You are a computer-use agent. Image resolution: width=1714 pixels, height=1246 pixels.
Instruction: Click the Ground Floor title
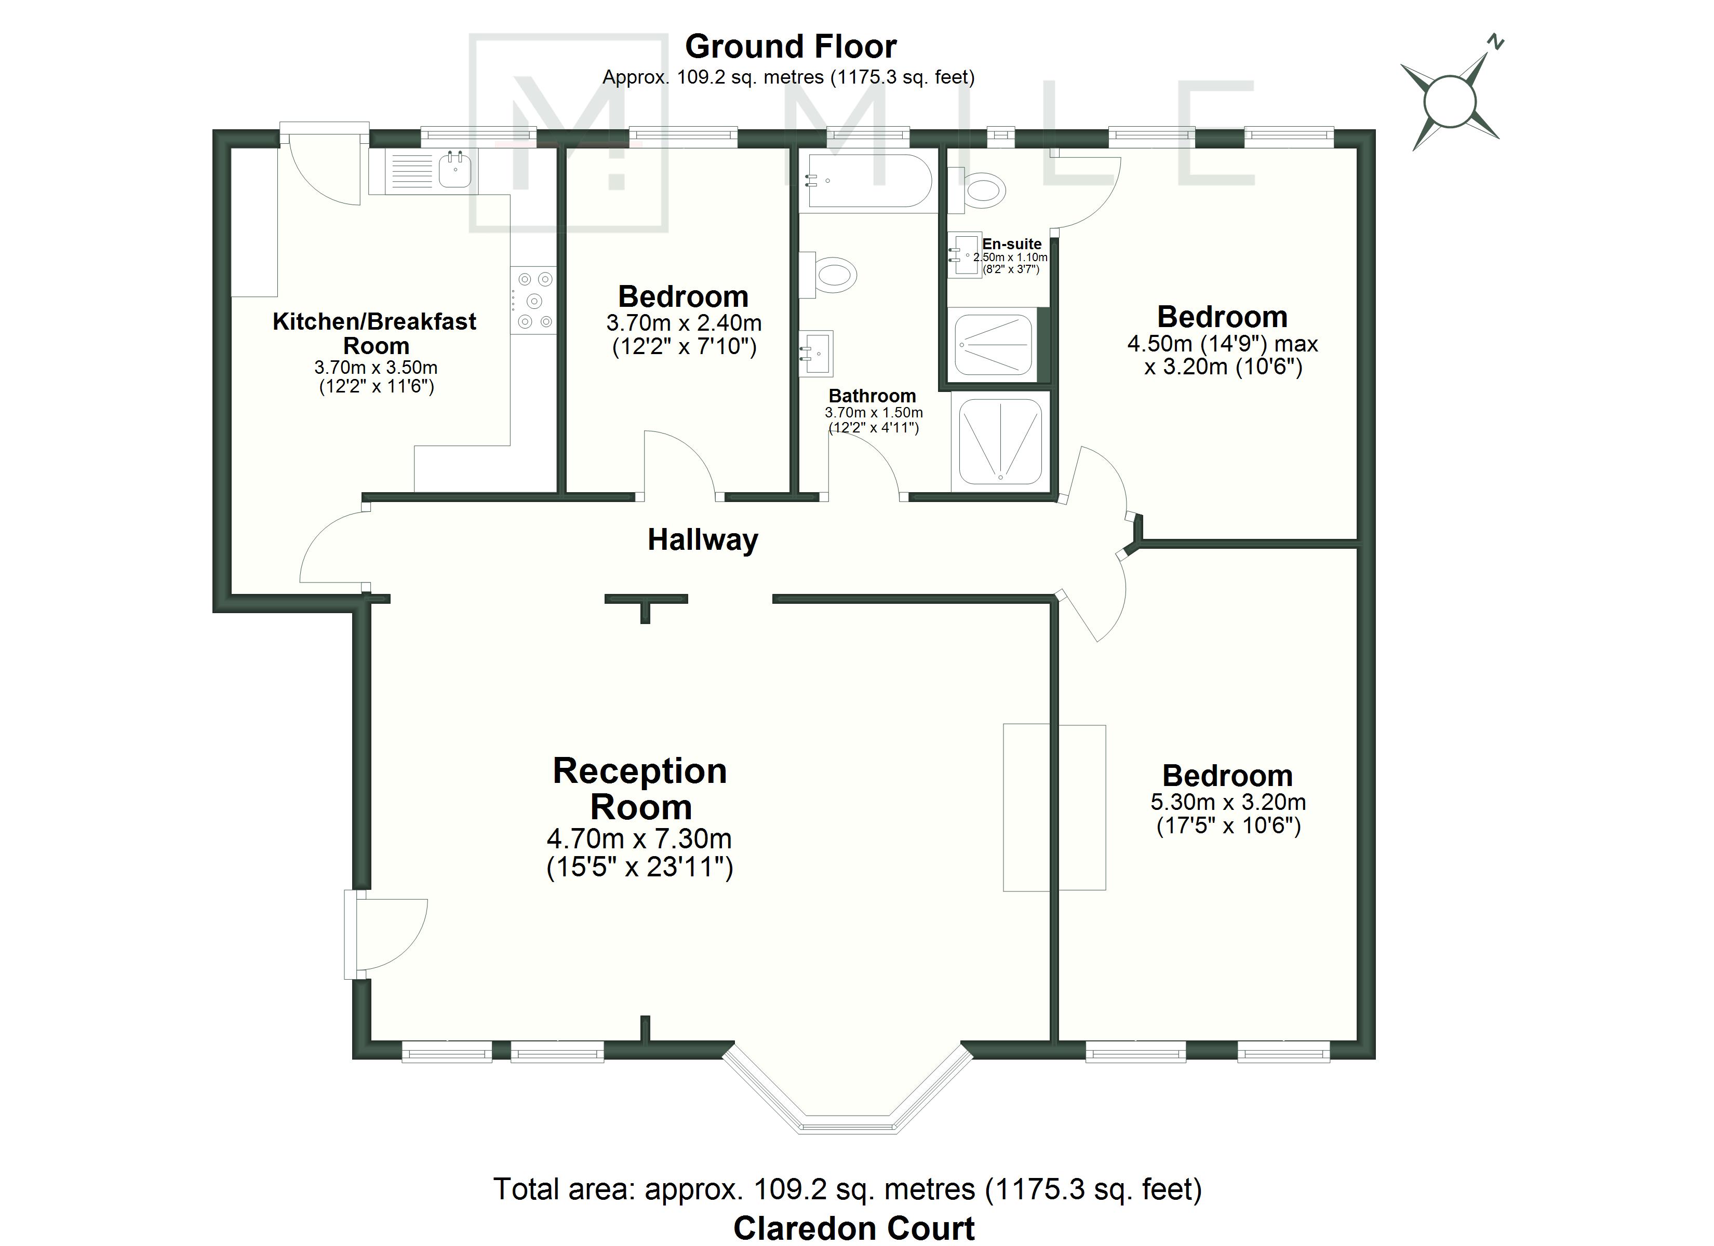pyautogui.click(x=791, y=47)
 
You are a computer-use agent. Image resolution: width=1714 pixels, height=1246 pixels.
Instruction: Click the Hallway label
pyautogui.click(x=703, y=540)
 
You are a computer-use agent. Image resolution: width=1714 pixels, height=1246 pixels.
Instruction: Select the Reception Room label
pyautogui.click(x=640, y=789)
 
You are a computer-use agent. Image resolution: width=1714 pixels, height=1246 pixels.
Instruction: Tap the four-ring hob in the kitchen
pyautogui.click(x=533, y=301)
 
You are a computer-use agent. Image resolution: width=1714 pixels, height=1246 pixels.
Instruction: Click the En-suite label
pyautogui.click(x=1012, y=244)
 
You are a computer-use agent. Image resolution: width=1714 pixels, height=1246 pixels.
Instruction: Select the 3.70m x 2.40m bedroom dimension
pyautogui.click(x=684, y=323)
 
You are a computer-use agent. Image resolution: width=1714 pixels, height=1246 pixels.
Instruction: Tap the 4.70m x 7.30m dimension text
pyautogui.click(x=639, y=839)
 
